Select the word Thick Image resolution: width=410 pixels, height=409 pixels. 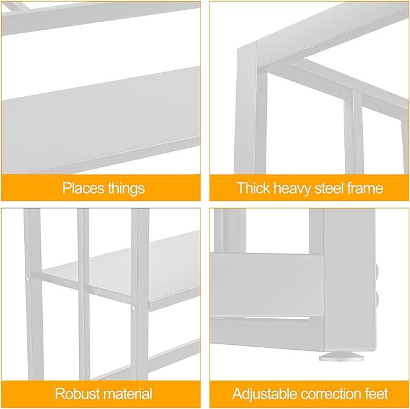tap(253, 188)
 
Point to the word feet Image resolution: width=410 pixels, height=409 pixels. tap(376, 393)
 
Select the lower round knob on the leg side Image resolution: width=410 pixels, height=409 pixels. tap(377, 299)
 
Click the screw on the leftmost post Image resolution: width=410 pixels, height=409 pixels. tap(27, 279)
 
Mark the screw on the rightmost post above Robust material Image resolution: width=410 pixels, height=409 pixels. tap(133, 308)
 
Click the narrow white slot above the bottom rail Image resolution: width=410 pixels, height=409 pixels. tap(277, 318)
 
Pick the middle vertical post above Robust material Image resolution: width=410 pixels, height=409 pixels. tap(84, 293)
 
